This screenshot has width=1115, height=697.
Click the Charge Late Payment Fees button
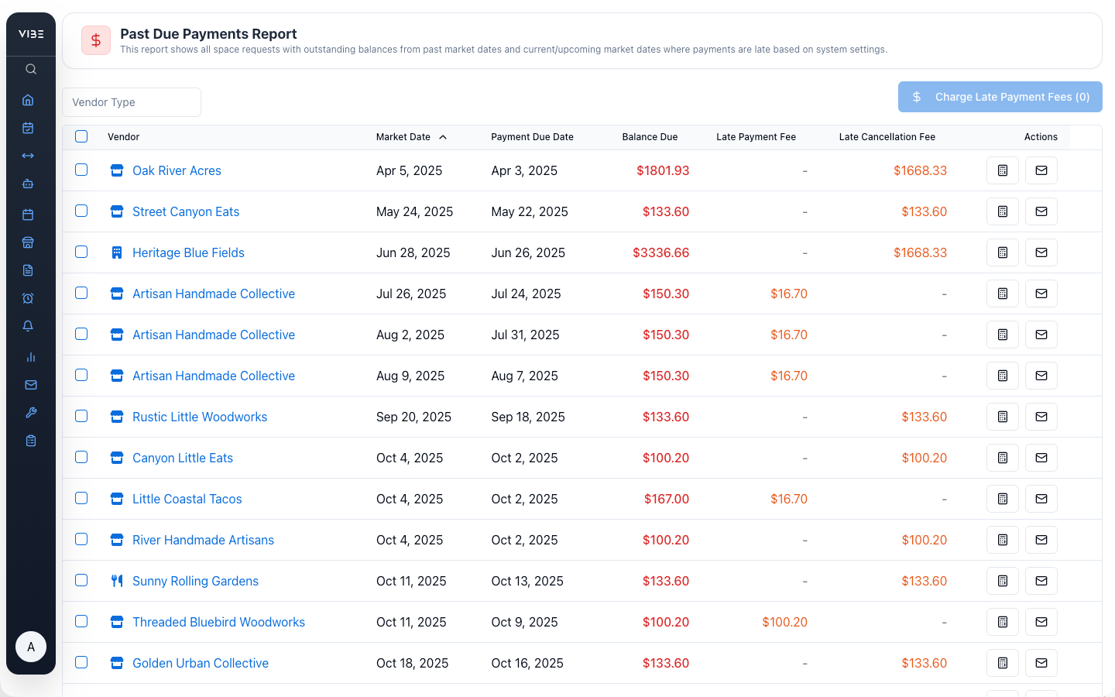pos(1000,97)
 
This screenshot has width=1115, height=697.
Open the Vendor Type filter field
pos(132,102)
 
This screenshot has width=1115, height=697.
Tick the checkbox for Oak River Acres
pos(81,170)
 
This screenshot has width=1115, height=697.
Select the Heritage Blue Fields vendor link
pos(188,252)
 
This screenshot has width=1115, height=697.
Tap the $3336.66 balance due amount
pos(660,252)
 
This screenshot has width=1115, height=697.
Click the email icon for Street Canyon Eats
pos(1041,211)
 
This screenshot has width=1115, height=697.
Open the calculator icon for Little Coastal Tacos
pos(1002,499)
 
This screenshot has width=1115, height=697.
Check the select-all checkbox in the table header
pos(81,136)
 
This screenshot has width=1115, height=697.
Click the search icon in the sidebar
pos(31,69)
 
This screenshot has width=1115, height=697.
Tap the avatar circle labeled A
pos(31,647)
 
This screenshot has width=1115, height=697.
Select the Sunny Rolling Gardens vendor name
pos(195,581)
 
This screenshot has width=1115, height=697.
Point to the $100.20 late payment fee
pos(784,622)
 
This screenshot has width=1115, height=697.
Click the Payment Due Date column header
pos(532,137)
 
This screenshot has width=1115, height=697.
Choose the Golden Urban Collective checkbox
pos(81,662)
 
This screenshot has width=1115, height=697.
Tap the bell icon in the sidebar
pos(28,326)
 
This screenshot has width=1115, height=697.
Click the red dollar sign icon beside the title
pos(96,40)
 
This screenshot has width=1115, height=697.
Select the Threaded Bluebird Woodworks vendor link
pos(218,622)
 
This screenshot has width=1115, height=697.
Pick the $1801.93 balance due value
pos(662,170)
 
